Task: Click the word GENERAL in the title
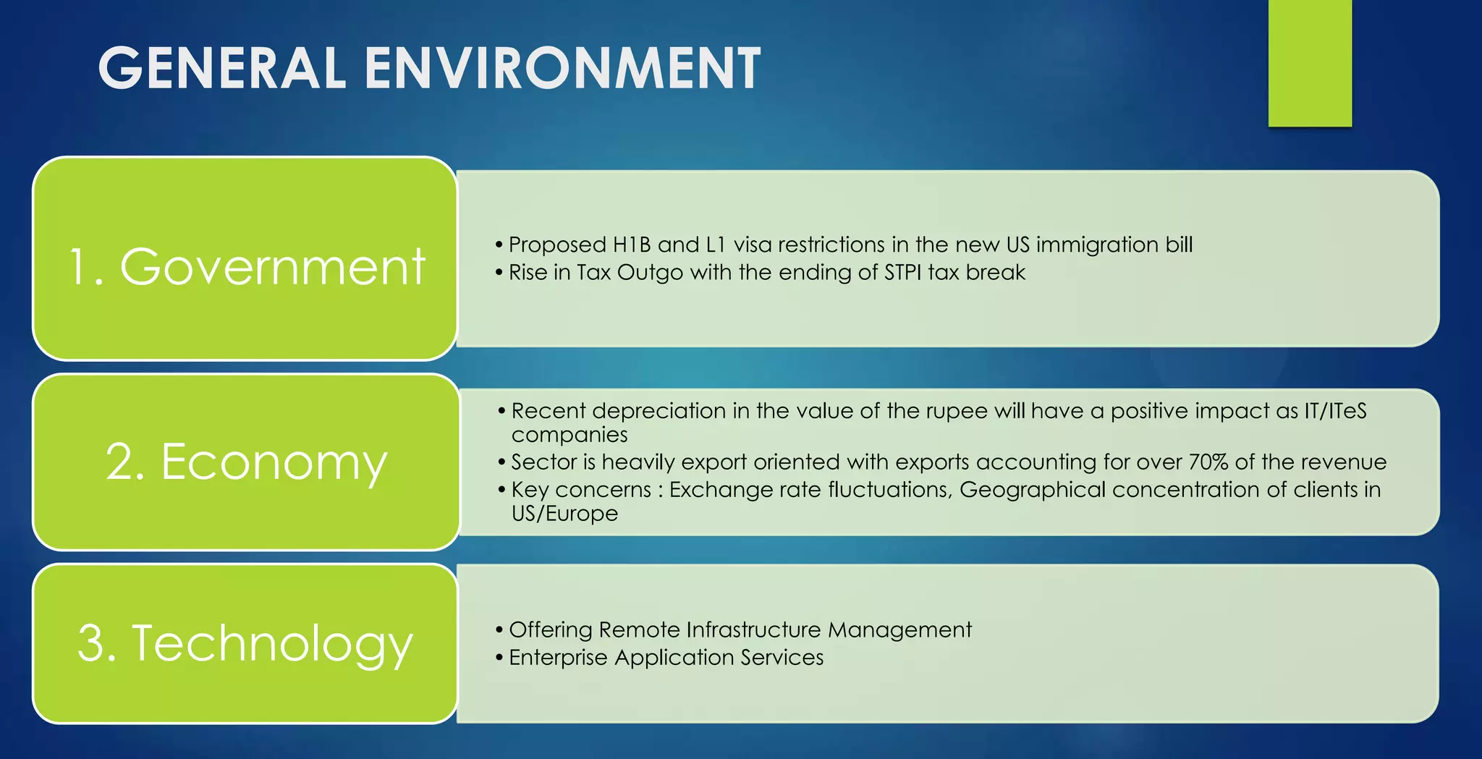pyautogui.click(x=221, y=68)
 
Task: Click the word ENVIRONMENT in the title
pyautogui.click(x=562, y=68)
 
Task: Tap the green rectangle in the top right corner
pyautogui.click(x=1310, y=63)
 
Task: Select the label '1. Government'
pyautogui.click(x=246, y=266)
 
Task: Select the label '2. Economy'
pyautogui.click(x=246, y=462)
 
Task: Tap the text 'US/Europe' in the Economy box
pyautogui.click(x=564, y=514)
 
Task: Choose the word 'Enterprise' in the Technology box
pyautogui.click(x=558, y=657)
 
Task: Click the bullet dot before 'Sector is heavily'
pyautogui.click(x=501, y=462)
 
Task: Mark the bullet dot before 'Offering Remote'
pyautogui.click(x=499, y=630)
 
